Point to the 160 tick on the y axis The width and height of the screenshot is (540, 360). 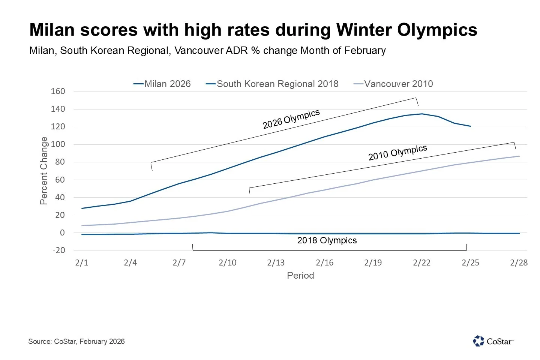pos(58,91)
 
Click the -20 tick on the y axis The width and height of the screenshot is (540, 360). pos(58,250)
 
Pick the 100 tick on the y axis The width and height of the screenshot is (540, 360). pos(58,144)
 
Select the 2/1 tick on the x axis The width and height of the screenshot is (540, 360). pos(82,262)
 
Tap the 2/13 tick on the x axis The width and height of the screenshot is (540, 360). pos(276,262)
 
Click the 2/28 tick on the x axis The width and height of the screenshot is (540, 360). pos(519,262)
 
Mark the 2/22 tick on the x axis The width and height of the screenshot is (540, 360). pos(421,262)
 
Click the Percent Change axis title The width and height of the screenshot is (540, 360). pos(44,171)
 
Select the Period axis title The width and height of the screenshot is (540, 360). pos(300,276)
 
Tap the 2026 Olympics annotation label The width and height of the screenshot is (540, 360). pos(291,119)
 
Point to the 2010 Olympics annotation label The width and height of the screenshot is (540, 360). pos(397,153)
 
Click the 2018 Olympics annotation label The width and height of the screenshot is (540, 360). pos(327,240)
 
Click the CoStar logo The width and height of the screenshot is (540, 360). pos(493,341)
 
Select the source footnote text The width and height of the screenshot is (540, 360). pos(76,341)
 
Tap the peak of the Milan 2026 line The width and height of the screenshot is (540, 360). pos(422,114)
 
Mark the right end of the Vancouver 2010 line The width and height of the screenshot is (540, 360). pos(519,156)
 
